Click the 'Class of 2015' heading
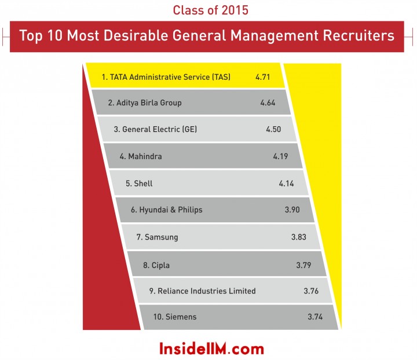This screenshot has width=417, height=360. coord(211,10)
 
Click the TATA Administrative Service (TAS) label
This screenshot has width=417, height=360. coord(166,77)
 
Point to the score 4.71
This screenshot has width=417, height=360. coord(262,77)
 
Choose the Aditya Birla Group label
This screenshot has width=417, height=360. coord(145,103)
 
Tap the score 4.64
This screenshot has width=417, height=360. coord(268,103)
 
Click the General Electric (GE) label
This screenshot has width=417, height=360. coord(155,130)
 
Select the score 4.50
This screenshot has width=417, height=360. coord(273,130)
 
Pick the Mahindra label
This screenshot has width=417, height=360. coord(141,156)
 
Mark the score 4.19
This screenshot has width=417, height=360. coord(280,156)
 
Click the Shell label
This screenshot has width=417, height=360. coord(139,183)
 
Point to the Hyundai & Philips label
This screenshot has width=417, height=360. coord(166,210)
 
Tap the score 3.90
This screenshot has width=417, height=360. coord(292,210)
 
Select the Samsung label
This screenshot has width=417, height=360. coord(157,237)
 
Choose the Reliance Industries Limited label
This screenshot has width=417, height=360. coord(202,291)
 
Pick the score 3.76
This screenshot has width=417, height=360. coord(311,291)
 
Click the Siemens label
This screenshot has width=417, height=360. coord(175,317)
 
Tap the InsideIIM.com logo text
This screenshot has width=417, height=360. coord(211,349)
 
